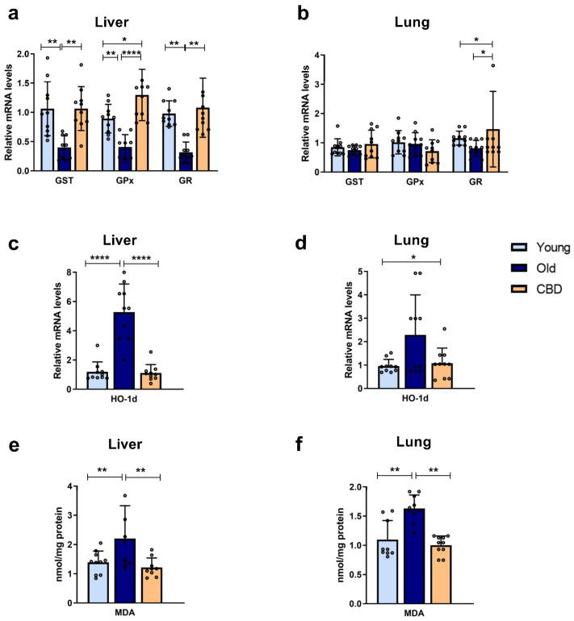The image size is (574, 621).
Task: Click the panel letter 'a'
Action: (x=7, y=10)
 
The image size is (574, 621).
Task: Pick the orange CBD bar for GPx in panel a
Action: (x=142, y=133)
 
